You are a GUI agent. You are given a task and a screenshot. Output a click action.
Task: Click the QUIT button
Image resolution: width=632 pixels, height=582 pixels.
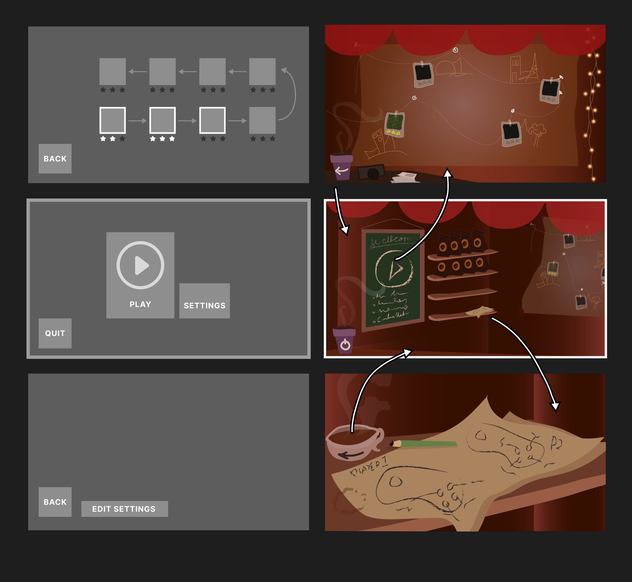point(55,333)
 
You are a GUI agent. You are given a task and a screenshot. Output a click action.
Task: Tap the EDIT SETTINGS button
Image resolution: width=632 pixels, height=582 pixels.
point(124,509)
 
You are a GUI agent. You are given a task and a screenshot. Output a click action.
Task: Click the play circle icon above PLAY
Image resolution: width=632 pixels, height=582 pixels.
point(140,265)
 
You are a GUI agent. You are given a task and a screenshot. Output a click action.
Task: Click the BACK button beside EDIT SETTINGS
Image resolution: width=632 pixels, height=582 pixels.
point(55,502)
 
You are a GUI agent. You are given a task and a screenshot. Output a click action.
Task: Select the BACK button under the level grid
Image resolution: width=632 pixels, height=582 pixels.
point(55,159)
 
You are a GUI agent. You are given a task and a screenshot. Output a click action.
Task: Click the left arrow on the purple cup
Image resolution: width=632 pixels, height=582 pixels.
point(342,171)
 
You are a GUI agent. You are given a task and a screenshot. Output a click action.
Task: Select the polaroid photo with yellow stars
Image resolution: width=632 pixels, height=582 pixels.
point(394,124)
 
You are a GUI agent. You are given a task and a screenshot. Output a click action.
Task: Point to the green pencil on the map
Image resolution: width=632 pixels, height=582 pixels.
point(425,443)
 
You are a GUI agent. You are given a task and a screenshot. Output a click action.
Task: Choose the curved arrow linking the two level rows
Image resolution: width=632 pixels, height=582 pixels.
point(291,94)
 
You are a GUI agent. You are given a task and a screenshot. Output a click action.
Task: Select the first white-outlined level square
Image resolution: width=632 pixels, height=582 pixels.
point(113,120)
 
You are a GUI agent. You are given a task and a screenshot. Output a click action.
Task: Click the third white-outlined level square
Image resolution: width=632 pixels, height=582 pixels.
point(212,120)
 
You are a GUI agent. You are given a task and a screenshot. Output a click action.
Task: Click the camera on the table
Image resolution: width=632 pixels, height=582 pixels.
point(371,172)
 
